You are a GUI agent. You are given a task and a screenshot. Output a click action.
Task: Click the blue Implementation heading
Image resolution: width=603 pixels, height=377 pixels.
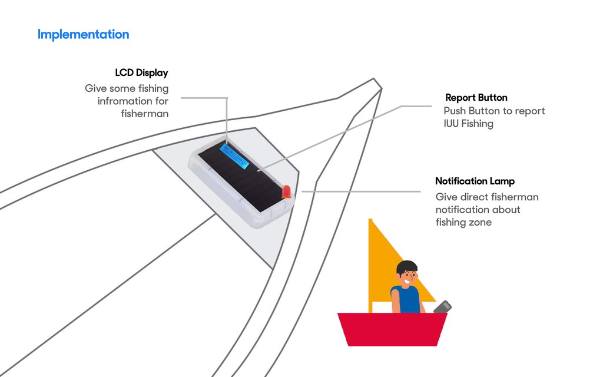(83, 34)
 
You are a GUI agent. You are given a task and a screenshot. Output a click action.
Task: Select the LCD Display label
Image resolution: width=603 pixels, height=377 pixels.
(141, 73)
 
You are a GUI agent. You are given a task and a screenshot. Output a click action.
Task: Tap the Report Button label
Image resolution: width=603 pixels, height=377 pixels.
(476, 98)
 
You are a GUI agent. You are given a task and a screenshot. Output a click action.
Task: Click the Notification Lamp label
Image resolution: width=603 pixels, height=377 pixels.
(475, 181)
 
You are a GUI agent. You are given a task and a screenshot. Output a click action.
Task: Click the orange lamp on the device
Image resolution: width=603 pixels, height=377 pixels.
(287, 191)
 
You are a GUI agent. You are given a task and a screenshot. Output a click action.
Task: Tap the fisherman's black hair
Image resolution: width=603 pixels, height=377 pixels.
(406, 266)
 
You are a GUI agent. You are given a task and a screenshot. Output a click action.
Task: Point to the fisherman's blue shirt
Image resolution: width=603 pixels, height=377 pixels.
(407, 300)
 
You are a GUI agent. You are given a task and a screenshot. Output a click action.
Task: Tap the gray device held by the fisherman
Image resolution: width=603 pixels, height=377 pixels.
(443, 307)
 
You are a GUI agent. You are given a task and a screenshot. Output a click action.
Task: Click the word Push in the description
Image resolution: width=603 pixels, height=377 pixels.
(455, 111)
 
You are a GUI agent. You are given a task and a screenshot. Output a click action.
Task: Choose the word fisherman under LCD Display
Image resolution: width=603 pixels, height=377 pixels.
(145, 114)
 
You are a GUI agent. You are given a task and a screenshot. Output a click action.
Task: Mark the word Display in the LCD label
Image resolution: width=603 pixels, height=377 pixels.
(152, 73)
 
